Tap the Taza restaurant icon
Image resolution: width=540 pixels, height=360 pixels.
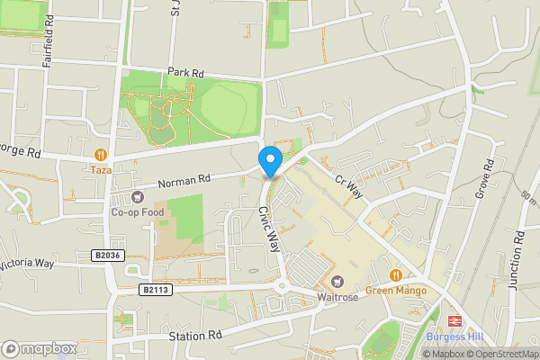pos(100,154)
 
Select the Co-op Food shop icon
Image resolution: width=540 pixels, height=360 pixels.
pos(137,197)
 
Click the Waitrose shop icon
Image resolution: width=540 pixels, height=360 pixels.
pos(338,283)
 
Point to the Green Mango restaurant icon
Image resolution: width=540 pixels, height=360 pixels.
pos(395,274)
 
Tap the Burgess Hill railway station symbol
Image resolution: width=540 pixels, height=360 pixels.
pos(455,321)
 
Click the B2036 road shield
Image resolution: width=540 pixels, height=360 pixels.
pos(106,256)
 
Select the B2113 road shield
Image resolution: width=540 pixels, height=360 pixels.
pos(156,290)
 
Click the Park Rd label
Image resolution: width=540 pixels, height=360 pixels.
pos(185,72)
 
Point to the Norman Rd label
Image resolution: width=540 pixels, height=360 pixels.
pos(184,181)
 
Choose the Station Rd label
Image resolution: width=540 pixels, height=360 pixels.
pos(194,337)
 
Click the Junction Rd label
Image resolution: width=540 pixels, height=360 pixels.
pos(516,258)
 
